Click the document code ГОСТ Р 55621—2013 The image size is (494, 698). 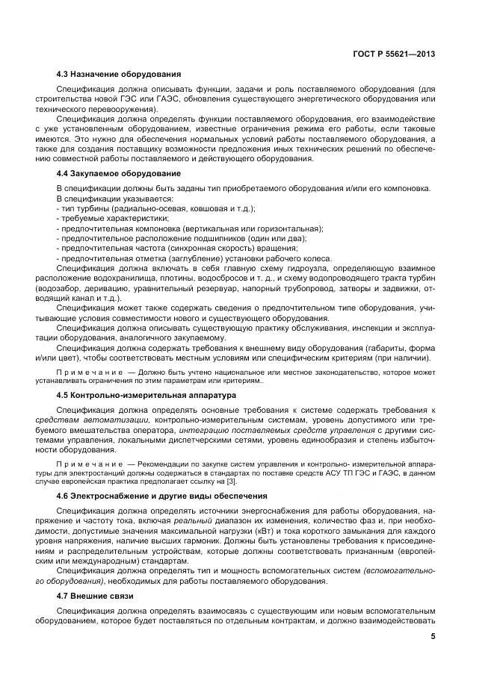(x=393, y=54)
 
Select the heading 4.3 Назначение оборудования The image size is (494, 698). (x=118, y=74)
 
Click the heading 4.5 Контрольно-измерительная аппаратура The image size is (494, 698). (x=146, y=394)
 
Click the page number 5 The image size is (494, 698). (x=433, y=637)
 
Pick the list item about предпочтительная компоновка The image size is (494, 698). (x=191, y=228)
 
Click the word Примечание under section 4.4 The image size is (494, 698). (x=90, y=371)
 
